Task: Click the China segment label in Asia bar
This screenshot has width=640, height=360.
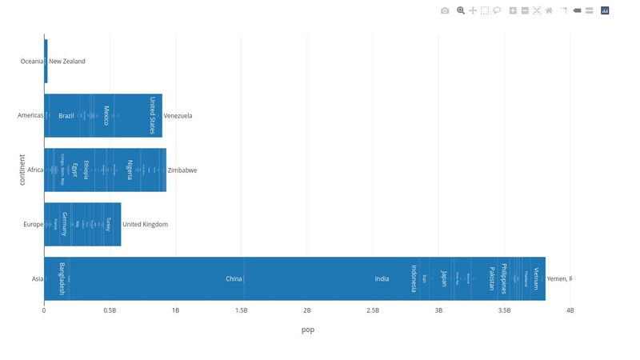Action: tap(234, 279)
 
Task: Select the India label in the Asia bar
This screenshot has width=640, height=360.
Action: tap(382, 279)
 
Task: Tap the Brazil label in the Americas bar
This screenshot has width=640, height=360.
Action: tap(66, 116)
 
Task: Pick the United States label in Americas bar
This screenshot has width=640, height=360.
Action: tap(152, 116)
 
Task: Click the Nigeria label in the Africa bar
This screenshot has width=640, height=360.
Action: tap(130, 170)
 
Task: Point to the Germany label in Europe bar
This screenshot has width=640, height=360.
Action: tap(65, 224)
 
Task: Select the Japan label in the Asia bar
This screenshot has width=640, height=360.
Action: tap(443, 278)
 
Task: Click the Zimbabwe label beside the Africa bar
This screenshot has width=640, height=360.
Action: tap(182, 170)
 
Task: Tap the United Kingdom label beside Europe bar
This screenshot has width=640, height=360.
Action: tap(145, 225)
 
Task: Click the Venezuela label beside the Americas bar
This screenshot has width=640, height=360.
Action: tap(178, 116)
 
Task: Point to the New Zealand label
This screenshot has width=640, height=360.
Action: tap(67, 62)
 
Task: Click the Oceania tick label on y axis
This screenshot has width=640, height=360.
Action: tap(32, 62)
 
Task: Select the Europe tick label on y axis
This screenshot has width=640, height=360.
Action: tap(34, 225)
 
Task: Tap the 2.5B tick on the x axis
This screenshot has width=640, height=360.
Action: tap(373, 310)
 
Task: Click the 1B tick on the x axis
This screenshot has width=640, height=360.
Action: tap(175, 310)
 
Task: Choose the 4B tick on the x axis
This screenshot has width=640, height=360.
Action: tap(570, 310)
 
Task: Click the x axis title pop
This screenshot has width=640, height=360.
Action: tap(307, 330)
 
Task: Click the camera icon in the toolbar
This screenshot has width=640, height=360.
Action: tap(445, 10)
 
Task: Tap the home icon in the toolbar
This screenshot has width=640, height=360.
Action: tap(549, 10)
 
